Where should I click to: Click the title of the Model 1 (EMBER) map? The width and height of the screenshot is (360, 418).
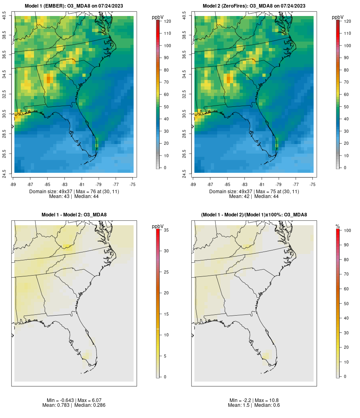click(74, 6)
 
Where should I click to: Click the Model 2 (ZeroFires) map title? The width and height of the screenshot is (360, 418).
click(254, 6)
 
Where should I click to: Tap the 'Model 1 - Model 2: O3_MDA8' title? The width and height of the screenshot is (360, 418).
click(74, 215)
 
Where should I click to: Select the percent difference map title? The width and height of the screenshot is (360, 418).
click(254, 215)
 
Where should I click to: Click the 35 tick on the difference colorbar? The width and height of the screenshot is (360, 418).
click(165, 230)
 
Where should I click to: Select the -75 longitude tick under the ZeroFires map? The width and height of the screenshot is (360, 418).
click(313, 184)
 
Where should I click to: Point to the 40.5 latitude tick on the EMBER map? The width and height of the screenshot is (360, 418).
click(4, 16)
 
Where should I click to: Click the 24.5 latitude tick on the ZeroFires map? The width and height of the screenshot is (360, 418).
click(184, 173)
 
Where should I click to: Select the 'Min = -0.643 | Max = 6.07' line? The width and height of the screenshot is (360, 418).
click(74, 400)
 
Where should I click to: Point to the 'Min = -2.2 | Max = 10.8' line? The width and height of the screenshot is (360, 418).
click(254, 400)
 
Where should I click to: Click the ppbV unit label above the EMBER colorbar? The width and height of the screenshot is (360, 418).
click(158, 17)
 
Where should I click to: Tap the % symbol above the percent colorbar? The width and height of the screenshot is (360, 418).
click(338, 226)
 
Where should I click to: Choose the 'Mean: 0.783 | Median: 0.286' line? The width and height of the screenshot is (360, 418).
click(74, 405)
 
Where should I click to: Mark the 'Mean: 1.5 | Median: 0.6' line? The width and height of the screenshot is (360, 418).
click(254, 405)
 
